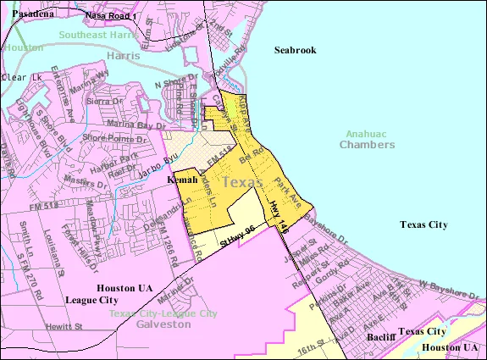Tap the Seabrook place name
[295, 50]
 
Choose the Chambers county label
[367, 145]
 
